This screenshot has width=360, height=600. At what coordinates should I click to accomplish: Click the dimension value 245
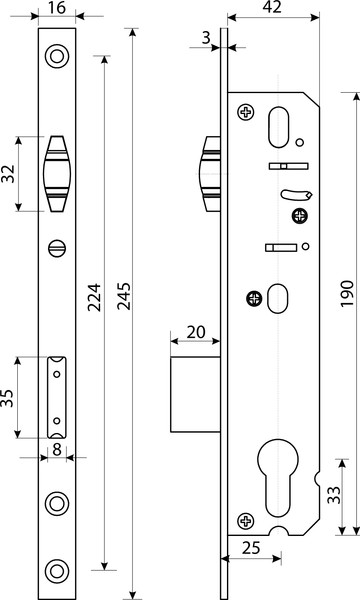pos(124,296)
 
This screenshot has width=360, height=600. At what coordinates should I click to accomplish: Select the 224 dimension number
pos(94,297)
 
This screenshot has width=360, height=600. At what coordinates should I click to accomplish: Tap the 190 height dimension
pos(347,293)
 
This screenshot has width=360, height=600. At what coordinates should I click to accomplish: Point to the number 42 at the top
pos(273,7)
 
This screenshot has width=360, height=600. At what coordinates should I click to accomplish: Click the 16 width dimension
pos(57,8)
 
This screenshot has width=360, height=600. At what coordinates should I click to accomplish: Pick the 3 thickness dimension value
pos(206,38)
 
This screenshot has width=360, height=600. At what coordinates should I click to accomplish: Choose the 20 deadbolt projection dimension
pos(196,332)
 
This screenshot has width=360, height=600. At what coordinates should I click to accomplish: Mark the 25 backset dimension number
pos(251,548)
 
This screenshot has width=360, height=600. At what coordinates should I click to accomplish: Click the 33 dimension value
pos(333,496)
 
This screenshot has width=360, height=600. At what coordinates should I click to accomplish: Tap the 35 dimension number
pos(8,398)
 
